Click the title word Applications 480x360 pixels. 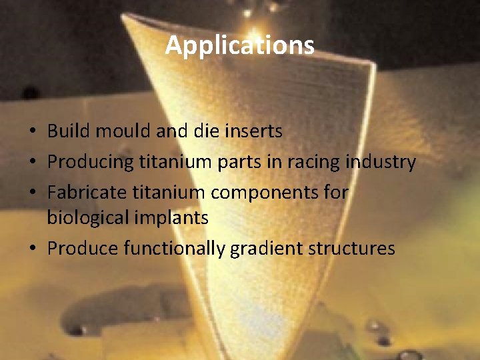(240, 45)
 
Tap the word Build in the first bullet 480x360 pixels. (69, 131)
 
